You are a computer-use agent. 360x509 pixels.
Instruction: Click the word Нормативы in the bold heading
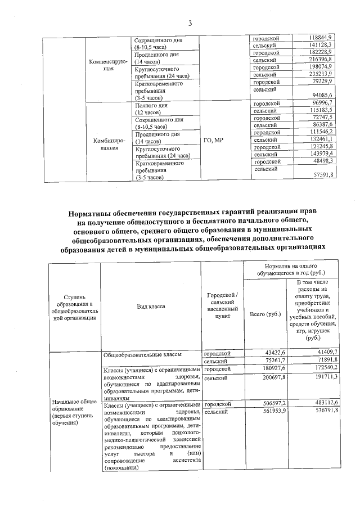click(x=91, y=213)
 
